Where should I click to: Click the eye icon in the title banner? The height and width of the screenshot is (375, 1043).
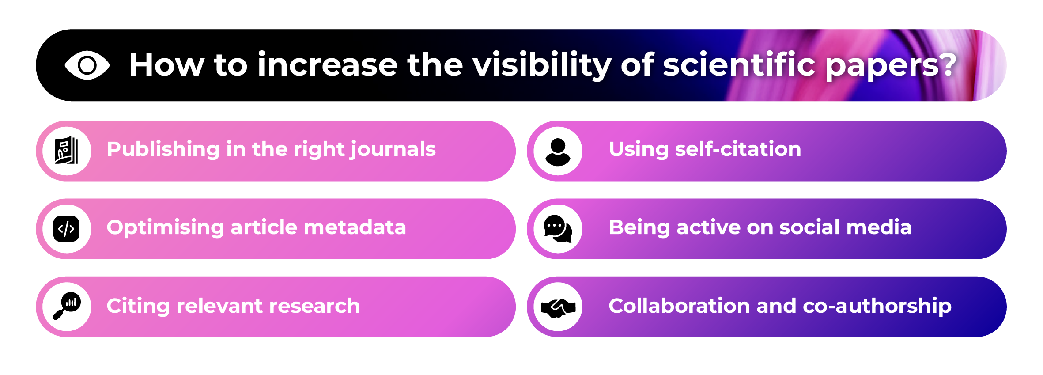click(87, 65)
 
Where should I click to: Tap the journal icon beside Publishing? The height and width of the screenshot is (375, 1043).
click(66, 151)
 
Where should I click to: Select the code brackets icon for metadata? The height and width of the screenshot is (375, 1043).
click(66, 229)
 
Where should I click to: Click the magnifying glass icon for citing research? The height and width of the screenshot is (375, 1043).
click(67, 306)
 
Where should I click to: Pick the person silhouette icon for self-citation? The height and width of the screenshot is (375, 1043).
click(558, 151)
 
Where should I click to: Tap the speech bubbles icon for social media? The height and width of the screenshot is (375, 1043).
click(558, 229)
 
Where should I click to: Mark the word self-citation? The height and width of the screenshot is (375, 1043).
click(738, 149)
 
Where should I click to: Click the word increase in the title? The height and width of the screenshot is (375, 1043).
click(327, 65)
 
